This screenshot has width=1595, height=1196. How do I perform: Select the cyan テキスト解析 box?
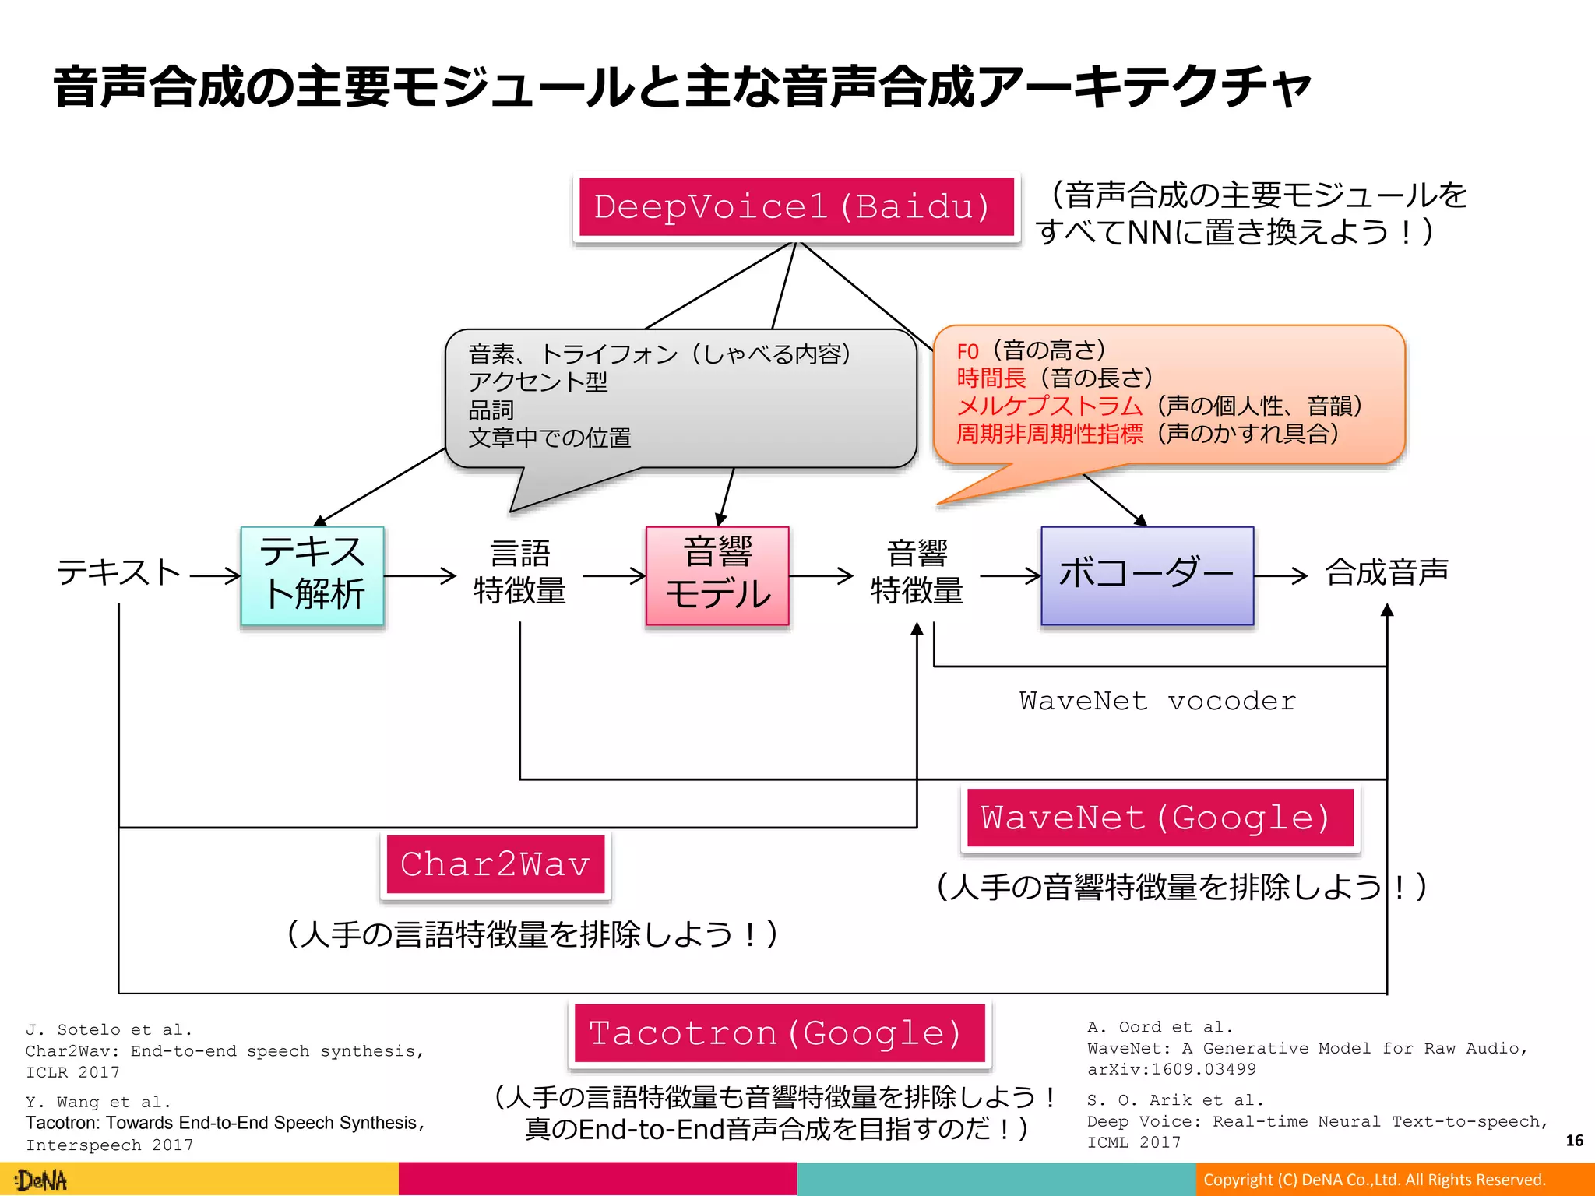312,575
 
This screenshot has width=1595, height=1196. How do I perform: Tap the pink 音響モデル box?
717,575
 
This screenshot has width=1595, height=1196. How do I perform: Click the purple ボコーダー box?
1147,575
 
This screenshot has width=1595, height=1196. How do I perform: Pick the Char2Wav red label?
495,865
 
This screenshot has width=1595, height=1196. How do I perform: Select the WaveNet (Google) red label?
1160,818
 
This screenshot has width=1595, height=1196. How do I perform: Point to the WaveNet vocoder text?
1158,701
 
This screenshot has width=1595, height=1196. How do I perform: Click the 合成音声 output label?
1387,572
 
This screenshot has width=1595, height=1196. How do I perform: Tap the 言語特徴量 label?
519,572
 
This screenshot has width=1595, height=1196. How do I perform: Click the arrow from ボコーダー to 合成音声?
1280,576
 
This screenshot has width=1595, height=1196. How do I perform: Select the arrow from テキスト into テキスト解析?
215,576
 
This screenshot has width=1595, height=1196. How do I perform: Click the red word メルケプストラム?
1049,406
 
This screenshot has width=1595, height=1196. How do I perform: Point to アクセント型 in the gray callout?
537,382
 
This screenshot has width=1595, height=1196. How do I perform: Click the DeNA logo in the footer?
42,1180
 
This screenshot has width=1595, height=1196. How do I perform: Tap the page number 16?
1574,1141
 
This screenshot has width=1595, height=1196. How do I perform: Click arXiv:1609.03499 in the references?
1171,1070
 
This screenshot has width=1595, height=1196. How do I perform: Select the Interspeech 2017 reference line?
109,1145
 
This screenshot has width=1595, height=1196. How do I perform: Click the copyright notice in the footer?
1375,1180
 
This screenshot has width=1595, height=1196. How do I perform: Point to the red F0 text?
967,351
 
